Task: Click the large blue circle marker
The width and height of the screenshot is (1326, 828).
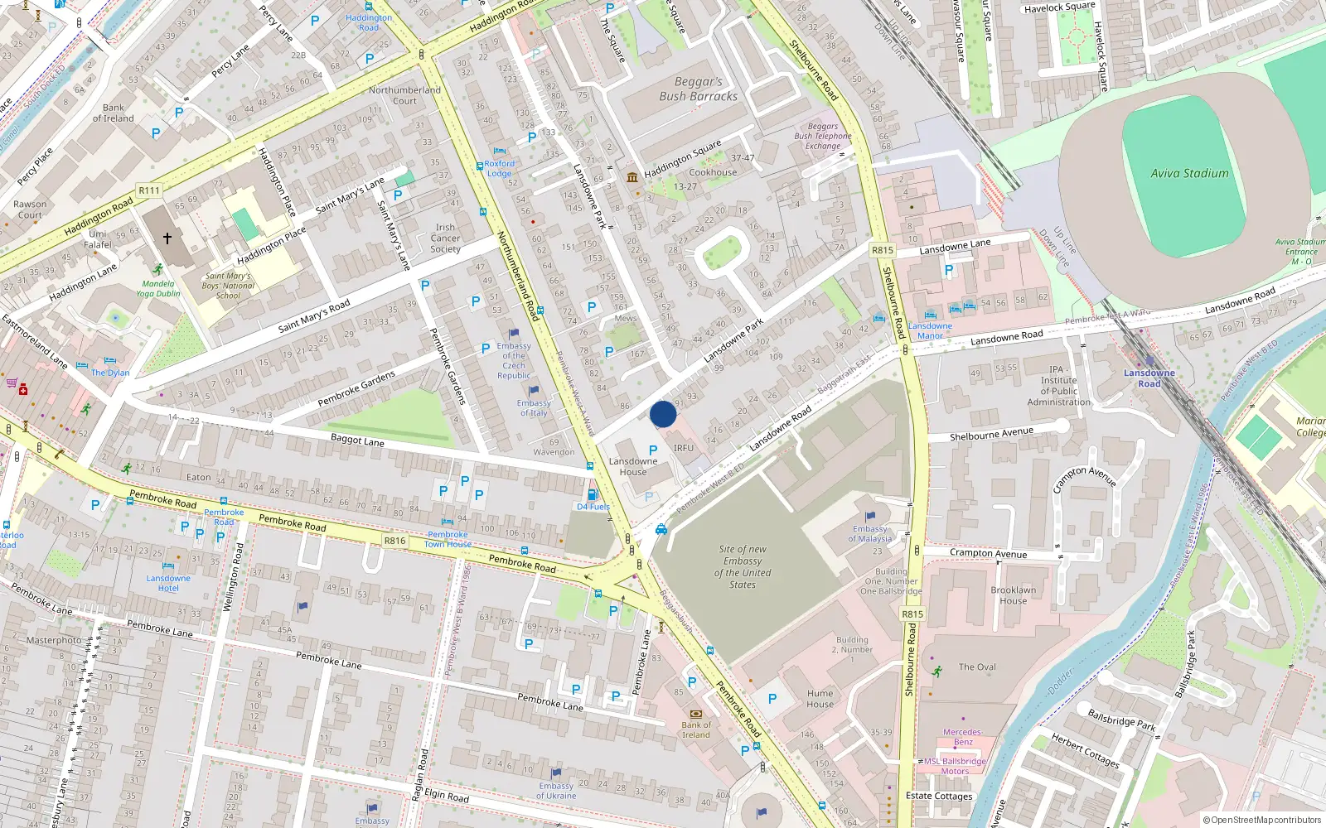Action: coord(663,414)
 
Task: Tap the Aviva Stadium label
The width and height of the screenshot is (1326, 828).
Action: coord(1189,174)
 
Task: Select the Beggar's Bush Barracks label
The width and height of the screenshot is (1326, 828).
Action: coord(699,89)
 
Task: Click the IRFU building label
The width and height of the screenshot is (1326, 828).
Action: coord(684,448)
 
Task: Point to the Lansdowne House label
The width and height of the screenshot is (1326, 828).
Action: coord(633,467)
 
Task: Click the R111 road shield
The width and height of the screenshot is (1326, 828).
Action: coord(149,190)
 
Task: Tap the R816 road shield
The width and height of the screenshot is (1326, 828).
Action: coord(394,541)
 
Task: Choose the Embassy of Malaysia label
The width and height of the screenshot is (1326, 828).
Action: coord(870,534)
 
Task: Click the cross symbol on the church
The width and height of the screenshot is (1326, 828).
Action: coord(167,238)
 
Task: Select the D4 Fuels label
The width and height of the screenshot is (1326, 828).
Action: coord(593,507)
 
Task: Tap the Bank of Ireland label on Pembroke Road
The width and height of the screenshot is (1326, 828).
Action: coord(696,729)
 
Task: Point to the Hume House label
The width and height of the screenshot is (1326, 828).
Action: coord(820,699)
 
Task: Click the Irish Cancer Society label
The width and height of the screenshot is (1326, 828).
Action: coord(445,238)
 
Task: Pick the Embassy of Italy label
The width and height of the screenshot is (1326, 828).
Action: coord(534,408)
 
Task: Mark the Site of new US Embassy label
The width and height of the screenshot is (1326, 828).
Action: coord(743,567)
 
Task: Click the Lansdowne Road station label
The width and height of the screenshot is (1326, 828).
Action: coord(1149,378)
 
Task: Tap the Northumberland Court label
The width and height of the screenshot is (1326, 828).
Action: coord(404,95)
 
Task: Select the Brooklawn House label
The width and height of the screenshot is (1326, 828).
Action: coord(1013,595)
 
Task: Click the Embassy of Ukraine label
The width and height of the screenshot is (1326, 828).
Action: coord(556,791)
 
